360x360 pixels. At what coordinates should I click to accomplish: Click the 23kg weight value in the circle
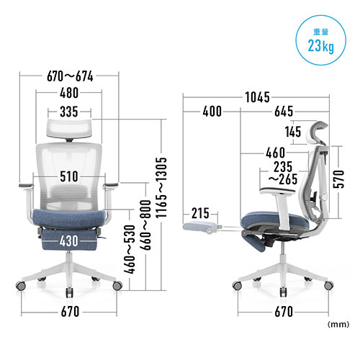click(x=321, y=45)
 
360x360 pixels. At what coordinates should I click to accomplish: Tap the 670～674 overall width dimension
click(x=70, y=76)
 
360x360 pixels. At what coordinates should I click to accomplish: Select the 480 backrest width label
click(x=69, y=93)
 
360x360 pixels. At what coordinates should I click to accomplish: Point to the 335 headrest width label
click(x=69, y=112)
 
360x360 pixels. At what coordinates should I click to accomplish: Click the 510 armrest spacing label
click(x=69, y=176)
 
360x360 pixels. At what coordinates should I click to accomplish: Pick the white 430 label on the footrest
click(x=69, y=240)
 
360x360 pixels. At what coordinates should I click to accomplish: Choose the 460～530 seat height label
click(x=130, y=249)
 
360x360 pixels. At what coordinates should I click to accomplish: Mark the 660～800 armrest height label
click(x=145, y=225)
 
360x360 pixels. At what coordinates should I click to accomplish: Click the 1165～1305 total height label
click(x=161, y=188)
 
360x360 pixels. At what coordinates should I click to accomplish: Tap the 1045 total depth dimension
click(x=257, y=97)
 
